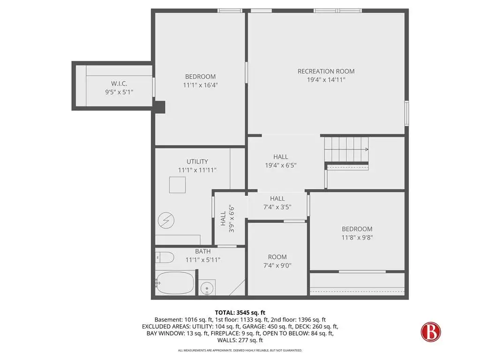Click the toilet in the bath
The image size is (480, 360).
point(165,257)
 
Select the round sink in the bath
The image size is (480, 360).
point(207,288)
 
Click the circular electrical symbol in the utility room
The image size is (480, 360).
point(166,220)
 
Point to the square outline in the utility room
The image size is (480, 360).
point(178,185)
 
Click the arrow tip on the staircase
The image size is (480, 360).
point(368,150)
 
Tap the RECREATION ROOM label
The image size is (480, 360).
point(326,71)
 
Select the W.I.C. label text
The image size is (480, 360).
point(119,83)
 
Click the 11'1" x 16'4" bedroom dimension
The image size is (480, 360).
point(200,85)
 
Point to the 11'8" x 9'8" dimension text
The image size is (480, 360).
point(357,238)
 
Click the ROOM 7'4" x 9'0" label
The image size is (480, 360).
point(277,261)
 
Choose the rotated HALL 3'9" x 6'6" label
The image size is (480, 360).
point(227,218)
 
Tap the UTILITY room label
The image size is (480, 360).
point(197,162)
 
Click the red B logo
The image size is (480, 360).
point(431,332)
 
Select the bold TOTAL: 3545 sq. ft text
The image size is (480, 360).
point(240,313)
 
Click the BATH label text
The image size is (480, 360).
point(203,251)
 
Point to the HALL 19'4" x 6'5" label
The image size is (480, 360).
point(281,161)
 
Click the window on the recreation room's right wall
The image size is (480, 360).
point(406,113)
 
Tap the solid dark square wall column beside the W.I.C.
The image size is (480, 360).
point(159,107)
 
